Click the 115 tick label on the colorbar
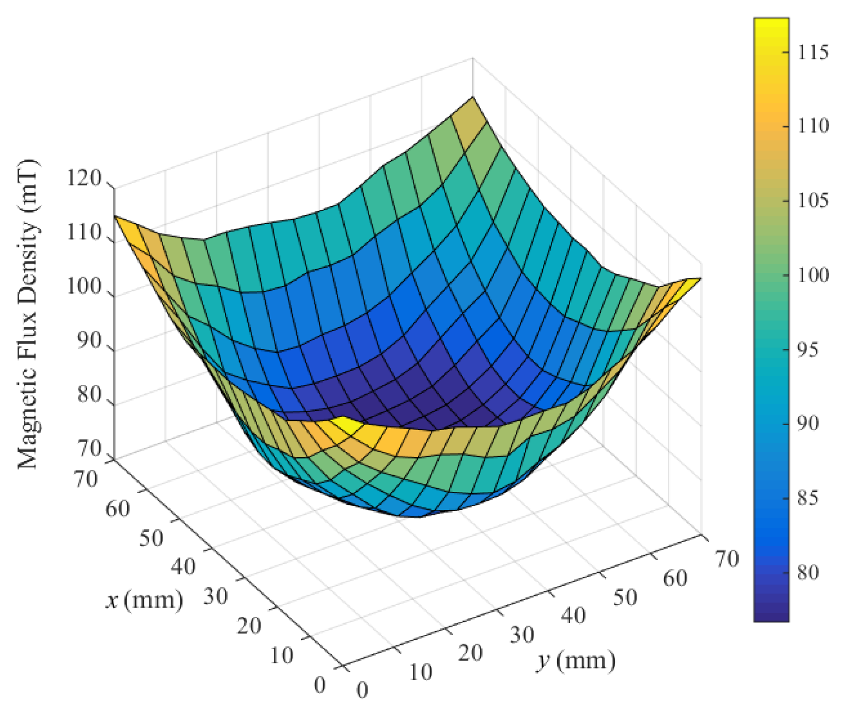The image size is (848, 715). pyautogui.click(x=813, y=52)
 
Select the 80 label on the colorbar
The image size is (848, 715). pyautogui.click(x=808, y=573)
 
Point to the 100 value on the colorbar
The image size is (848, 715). pyautogui.click(x=813, y=275)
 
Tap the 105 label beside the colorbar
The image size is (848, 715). pyautogui.click(x=813, y=201)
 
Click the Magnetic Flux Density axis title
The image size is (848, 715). pyautogui.click(x=28, y=314)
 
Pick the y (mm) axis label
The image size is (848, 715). pyautogui.click(x=576, y=661)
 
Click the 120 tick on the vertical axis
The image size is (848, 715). pyautogui.click(x=84, y=178)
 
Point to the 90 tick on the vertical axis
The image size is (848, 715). pyautogui.click(x=89, y=341)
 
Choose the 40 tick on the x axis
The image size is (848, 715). pyautogui.click(x=183, y=566)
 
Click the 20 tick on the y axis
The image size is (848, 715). pyautogui.click(x=471, y=653)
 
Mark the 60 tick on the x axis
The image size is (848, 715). pyautogui.click(x=118, y=509)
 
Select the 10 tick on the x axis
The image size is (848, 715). pyautogui.click(x=281, y=656)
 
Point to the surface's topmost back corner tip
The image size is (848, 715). pyautogui.click(x=472, y=98)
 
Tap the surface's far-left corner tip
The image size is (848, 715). pyautogui.click(x=115, y=216)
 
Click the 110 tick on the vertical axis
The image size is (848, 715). pyautogui.click(x=84, y=233)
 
